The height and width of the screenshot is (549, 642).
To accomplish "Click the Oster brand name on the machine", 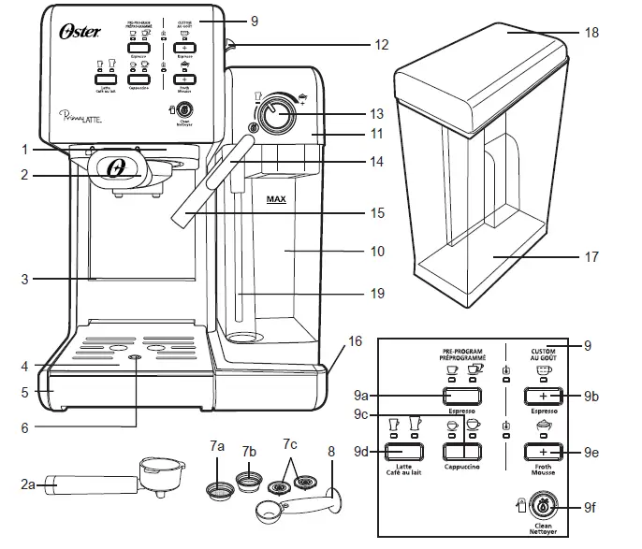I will (x=75, y=31).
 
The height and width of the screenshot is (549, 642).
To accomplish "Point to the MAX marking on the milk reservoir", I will (x=276, y=199).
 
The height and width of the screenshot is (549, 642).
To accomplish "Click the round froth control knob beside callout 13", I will (x=274, y=113).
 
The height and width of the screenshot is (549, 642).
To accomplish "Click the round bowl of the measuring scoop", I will (x=269, y=512).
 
